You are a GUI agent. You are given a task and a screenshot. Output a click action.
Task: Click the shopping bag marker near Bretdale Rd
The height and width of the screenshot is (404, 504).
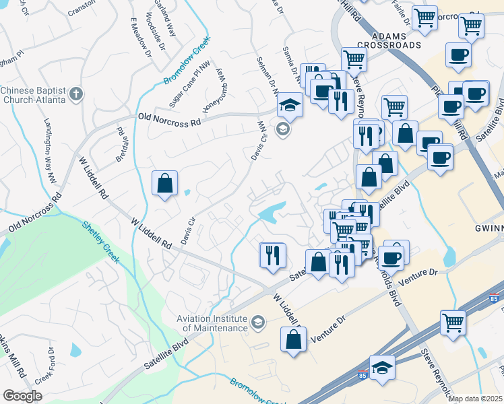click(164, 183)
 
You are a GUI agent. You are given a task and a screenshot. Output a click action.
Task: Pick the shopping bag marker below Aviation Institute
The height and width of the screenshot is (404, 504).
click(293, 340)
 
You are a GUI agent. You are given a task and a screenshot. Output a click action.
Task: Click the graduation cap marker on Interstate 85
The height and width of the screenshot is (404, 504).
click(382, 368)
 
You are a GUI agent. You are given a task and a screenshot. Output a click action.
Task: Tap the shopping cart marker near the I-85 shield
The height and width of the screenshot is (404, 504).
click(453, 323)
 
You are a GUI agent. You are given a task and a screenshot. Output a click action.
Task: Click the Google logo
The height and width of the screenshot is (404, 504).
click(22, 396)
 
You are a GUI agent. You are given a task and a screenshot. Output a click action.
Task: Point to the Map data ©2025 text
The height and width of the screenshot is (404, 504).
click(475, 399)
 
